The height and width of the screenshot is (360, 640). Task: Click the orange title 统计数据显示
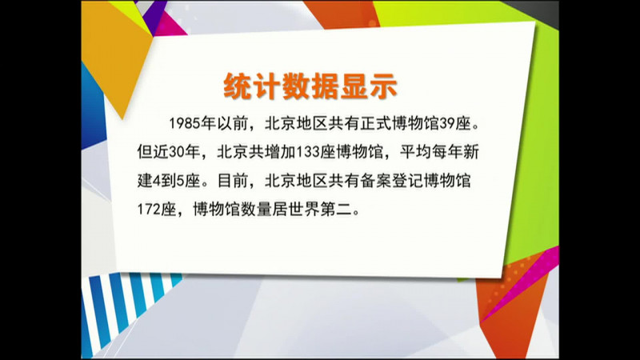click(x=310, y=86)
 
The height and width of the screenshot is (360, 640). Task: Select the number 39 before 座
click(x=447, y=123)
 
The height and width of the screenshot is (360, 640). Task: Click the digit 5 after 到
click(x=181, y=181)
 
